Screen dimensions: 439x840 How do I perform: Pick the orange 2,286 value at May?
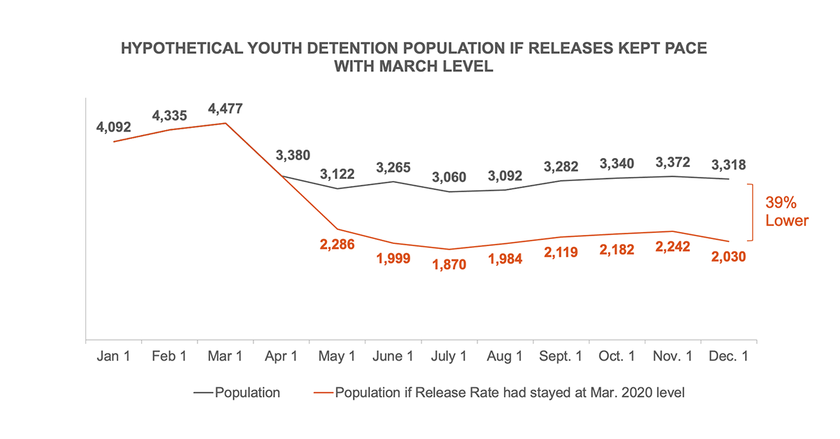click(336, 245)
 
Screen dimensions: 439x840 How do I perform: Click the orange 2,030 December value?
click(728, 257)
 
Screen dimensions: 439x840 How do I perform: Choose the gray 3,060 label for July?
click(449, 177)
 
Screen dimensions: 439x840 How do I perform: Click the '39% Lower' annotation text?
click(787, 212)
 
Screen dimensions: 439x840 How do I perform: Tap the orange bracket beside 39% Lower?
click(752, 212)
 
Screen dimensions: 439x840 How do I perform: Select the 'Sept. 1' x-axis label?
click(561, 357)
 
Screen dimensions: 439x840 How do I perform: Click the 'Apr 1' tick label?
click(281, 357)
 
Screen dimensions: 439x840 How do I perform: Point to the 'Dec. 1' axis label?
click(728, 357)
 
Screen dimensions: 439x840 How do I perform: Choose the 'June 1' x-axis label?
click(393, 357)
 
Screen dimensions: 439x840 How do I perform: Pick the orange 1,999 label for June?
click(393, 258)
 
